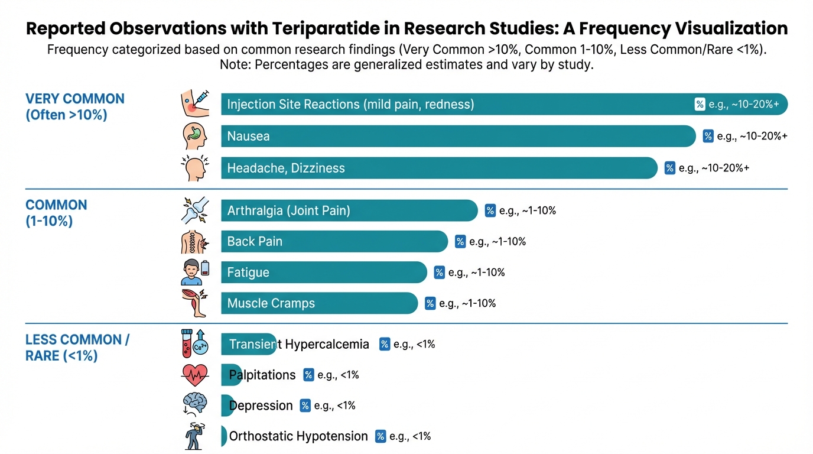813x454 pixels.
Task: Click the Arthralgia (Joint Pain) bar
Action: tap(349, 210)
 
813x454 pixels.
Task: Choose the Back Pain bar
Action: tap(334, 241)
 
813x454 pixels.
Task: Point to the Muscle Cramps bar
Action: tap(318, 303)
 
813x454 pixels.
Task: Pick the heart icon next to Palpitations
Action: tap(195, 375)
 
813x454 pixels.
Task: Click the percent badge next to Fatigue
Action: tap(439, 273)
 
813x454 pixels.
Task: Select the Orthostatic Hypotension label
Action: tap(298, 436)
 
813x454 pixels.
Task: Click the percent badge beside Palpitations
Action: tap(308, 375)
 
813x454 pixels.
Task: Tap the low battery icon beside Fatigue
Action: tap(205, 268)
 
